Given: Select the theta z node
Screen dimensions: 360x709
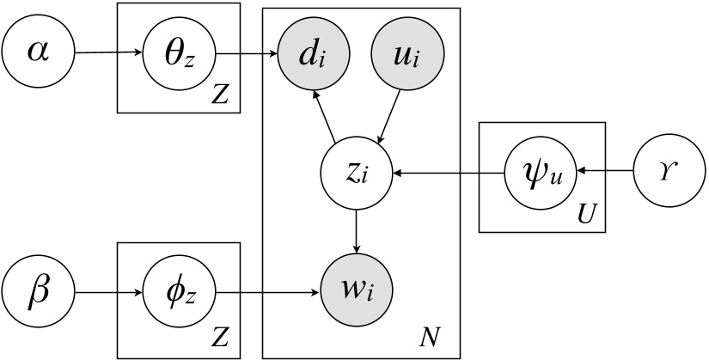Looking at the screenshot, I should pos(177,53).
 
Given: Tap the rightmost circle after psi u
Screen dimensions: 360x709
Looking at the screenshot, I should pos(670,173).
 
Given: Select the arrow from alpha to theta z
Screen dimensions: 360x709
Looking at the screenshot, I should pos(108,53).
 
